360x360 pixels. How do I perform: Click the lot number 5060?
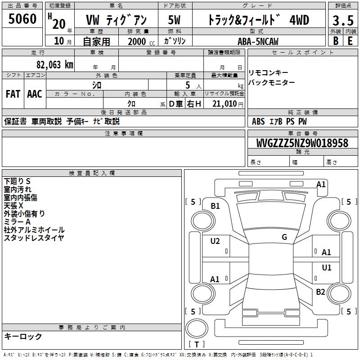[x=22, y=19]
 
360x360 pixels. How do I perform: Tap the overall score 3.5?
[x=342, y=21]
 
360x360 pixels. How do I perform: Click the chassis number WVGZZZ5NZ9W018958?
[x=302, y=144]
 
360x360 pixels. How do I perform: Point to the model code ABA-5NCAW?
[x=258, y=41]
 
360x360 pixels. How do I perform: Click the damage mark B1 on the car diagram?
[x=215, y=206]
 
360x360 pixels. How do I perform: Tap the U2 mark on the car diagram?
[x=215, y=241]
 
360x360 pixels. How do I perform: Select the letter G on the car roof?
[x=284, y=237]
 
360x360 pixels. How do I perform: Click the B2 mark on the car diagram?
[x=320, y=292]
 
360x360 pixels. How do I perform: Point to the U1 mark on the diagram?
[x=327, y=268]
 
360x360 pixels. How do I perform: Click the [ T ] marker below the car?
[x=197, y=345]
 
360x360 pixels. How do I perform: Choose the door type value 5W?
[x=174, y=20]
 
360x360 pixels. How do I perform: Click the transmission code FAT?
[x=13, y=94]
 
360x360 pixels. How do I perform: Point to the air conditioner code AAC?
[x=34, y=94]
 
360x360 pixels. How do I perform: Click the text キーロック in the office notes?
[x=23, y=337]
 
